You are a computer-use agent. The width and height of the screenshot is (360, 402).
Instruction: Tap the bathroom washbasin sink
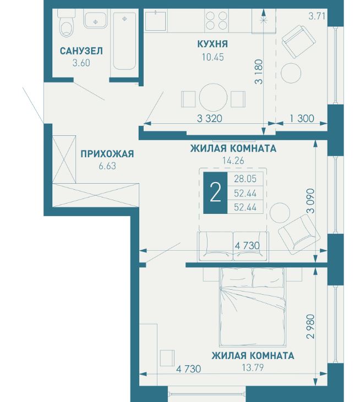[95, 20]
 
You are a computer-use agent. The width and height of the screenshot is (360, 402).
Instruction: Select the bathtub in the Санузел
[124, 41]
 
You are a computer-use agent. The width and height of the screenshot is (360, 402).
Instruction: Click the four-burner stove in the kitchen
[216, 20]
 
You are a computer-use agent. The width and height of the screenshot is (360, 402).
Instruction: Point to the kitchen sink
[156, 20]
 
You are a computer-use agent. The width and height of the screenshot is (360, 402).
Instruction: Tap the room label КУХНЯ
[212, 44]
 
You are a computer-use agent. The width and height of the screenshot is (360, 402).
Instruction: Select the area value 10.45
[212, 57]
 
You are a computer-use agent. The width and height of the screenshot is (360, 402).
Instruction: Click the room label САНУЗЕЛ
[81, 51]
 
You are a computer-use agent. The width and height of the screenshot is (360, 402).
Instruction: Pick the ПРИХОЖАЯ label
[107, 154]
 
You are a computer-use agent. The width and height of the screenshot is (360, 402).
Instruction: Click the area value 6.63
[107, 166]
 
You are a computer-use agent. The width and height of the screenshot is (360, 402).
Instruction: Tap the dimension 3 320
[210, 118]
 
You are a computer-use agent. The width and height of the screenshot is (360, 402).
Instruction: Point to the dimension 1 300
[302, 118]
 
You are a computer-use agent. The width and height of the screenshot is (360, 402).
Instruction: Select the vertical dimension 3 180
[259, 72]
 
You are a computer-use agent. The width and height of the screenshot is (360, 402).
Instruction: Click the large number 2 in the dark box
[215, 193]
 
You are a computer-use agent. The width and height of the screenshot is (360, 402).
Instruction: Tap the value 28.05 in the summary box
[246, 179]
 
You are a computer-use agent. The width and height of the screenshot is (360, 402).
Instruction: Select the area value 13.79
[253, 368]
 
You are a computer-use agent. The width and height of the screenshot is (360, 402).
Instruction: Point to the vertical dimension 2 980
[311, 326]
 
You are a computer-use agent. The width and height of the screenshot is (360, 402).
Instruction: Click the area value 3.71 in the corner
[317, 16]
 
